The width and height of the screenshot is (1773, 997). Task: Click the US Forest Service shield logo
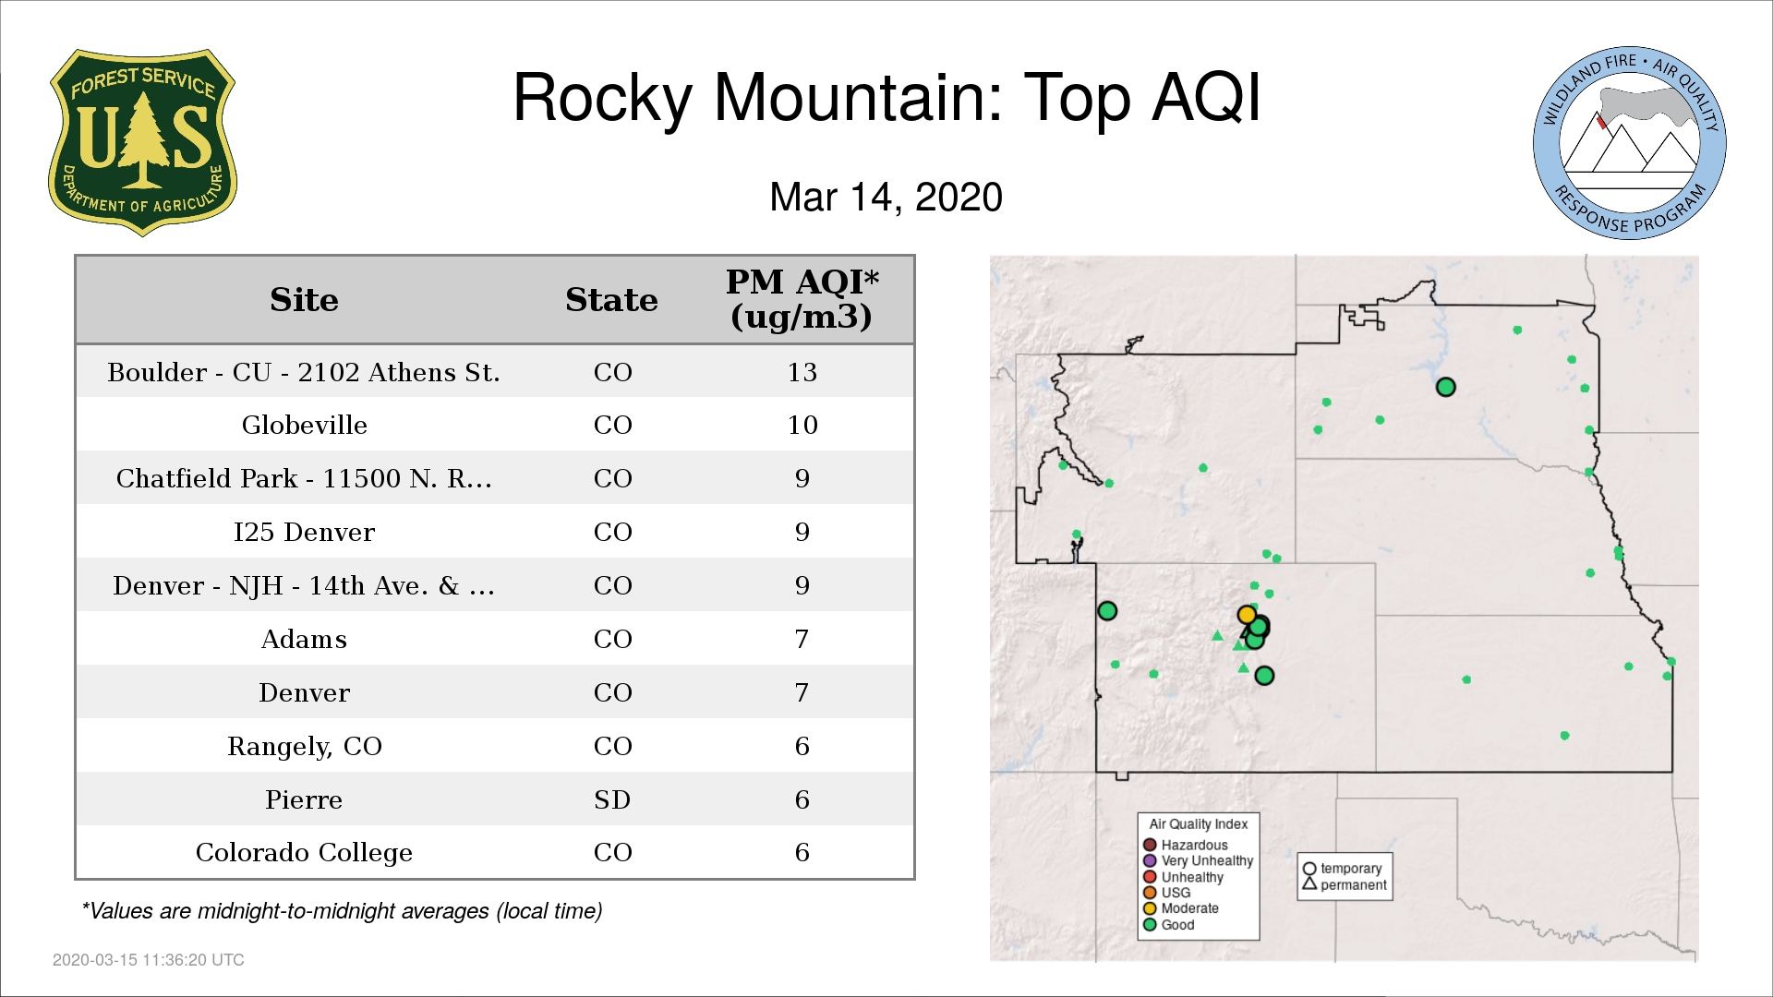(142, 143)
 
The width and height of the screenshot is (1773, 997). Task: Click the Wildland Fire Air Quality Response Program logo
(1630, 143)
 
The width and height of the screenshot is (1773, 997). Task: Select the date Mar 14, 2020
(886, 198)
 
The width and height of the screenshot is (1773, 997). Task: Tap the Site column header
(305, 300)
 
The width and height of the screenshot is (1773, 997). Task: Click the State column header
(611, 300)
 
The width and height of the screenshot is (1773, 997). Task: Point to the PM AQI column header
(802, 299)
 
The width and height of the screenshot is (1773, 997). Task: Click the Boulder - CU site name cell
(304, 372)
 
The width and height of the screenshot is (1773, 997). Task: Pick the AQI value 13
(802, 372)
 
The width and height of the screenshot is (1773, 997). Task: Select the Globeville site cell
(305, 425)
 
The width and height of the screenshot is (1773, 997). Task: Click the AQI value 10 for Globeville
(802, 425)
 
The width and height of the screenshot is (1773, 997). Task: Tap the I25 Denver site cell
(305, 532)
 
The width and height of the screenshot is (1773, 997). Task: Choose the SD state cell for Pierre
(612, 799)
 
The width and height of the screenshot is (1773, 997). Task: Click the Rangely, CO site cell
(305, 746)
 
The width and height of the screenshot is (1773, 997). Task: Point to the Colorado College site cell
(305, 852)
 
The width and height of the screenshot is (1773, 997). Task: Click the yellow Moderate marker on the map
(1247, 615)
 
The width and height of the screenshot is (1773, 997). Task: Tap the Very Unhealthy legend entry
(1199, 860)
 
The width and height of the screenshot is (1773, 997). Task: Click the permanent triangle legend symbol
(1309, 883)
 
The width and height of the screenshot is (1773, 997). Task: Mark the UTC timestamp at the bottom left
(149, 960)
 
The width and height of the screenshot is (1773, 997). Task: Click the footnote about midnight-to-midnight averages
(342, 911)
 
